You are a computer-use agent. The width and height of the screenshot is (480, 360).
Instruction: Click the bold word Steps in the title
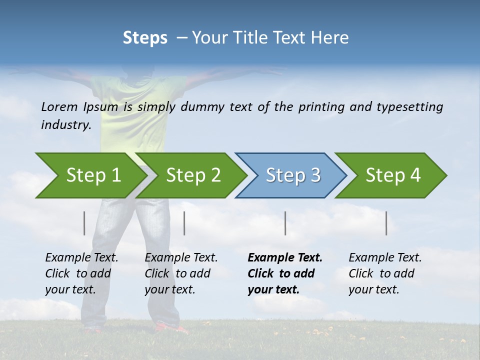(x=145, y=38)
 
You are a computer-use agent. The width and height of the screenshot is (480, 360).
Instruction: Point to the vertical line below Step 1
(x=84, y=223)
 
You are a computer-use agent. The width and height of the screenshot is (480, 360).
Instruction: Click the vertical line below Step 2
(x=184, y=223)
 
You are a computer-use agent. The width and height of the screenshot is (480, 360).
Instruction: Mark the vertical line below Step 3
(x=285, y=223)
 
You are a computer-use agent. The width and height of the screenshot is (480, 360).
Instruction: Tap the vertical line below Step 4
(x=386, y=223)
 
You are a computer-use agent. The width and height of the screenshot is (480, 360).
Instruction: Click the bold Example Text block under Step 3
(x=285, y=273)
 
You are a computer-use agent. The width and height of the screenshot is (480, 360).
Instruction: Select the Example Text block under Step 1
(x=81, y=273)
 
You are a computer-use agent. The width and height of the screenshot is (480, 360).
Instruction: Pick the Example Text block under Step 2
(x=181, y=273)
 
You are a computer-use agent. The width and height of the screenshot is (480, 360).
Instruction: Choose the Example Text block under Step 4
(x=385, y=273)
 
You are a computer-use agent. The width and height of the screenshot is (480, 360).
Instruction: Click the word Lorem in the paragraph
(x=59, y=107)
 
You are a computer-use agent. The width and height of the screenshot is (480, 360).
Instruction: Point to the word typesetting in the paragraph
(x=409, y=107)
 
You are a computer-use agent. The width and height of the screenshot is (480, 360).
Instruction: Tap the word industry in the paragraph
(x=65, y=124)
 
